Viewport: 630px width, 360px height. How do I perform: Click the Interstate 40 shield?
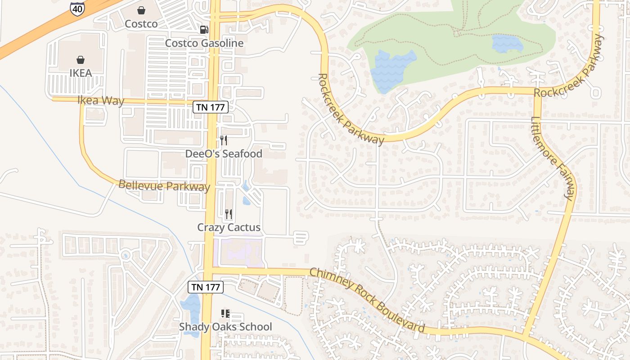[x=77, y=9]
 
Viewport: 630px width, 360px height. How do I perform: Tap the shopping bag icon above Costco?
[x=141, y=10]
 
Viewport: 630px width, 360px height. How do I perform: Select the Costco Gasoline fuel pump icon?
[x=204, y=30]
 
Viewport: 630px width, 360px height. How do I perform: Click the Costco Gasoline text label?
[x=204, y=43]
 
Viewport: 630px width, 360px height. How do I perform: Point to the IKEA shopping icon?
[x=81, y=59]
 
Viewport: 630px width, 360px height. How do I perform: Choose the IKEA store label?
[x=81, y=73]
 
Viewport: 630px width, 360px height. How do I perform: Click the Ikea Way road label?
[x=101, y=100]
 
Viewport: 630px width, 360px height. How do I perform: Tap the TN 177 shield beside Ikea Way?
[x=211, y=107]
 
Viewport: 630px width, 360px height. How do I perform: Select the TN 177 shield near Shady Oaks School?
[x=206, y=287]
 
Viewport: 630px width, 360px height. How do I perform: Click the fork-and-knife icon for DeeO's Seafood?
[x=224, y=140]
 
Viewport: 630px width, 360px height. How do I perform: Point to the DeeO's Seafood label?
[x=224, y=154]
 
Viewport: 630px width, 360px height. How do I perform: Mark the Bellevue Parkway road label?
[x=164, y=185]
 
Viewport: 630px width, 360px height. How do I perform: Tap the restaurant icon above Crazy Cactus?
[x=229, y=214]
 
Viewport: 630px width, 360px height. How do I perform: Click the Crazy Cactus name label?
[x=229, y=227]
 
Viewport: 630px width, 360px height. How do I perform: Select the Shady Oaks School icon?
[x=225, y=313]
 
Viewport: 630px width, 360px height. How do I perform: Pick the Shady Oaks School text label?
[x=225, y=327]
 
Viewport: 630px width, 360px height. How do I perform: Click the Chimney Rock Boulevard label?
[x=367, y=299]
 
